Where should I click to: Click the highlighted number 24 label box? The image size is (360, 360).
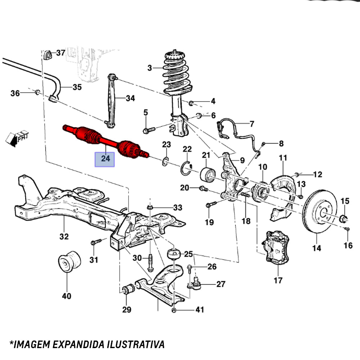(x=104, y=159)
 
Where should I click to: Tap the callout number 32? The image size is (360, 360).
(x=64, y=237)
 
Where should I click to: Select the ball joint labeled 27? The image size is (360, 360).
(x=195, y=283)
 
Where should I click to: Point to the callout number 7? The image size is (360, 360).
(x=251, y=124)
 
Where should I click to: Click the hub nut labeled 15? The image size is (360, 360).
(x=343, y=218)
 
